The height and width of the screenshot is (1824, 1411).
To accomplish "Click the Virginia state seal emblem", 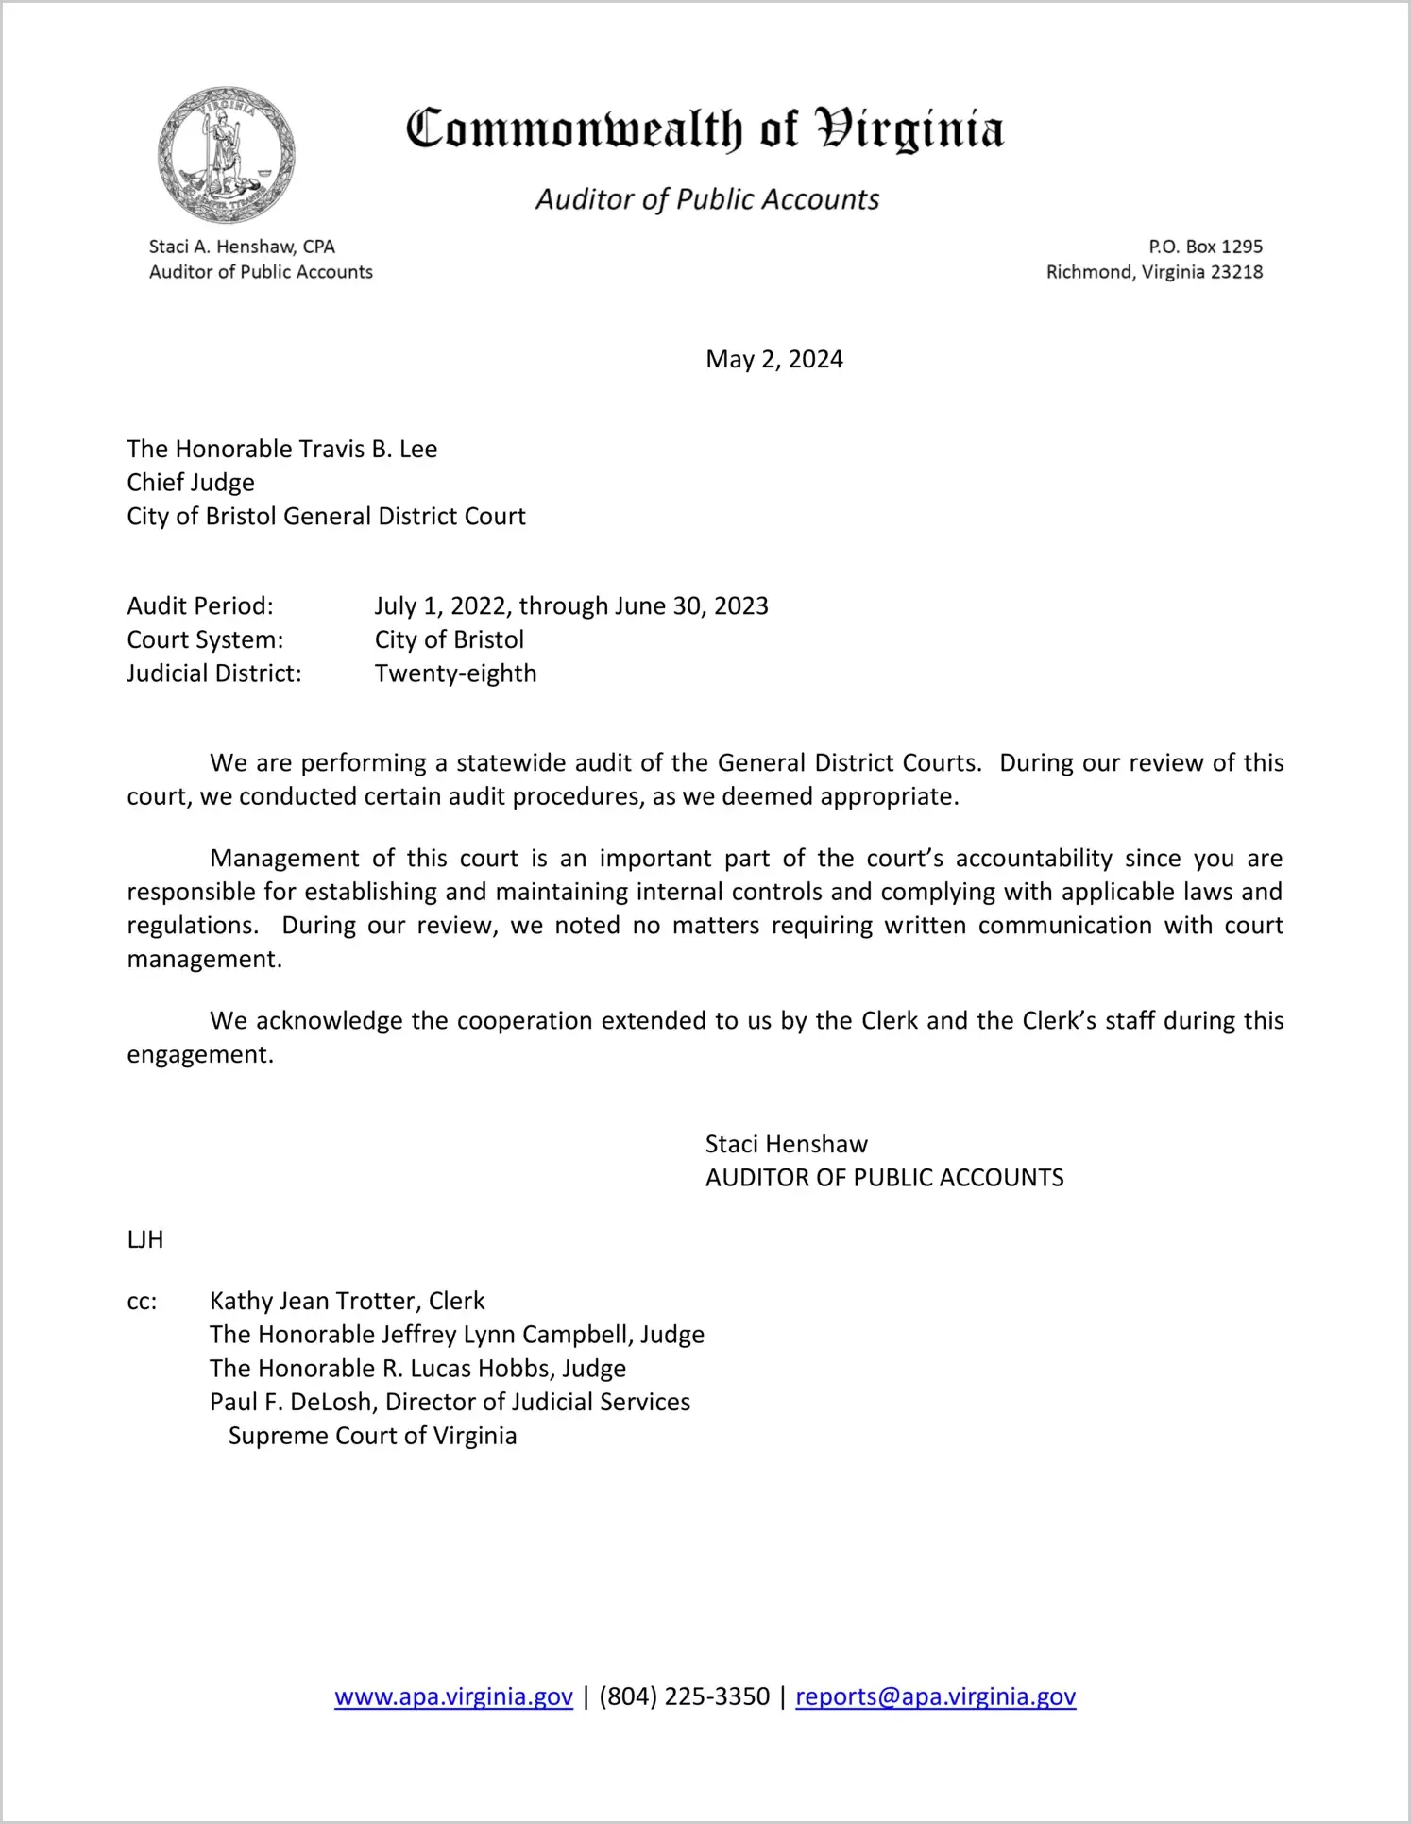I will pos(226,155).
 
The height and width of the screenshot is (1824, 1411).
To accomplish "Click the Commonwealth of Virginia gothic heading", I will pos(705,129).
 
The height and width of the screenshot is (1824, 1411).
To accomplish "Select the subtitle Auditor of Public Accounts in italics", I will pos(707,199).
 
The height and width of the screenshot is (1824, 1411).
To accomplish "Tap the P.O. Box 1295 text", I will pos(1205,247).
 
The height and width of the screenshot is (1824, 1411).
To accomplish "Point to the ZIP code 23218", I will pos(1236,272).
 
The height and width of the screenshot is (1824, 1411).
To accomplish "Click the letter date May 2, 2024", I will pos(773,359).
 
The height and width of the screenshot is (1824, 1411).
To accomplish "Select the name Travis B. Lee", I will pos(367,449).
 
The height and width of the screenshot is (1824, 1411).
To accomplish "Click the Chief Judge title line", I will pos(191,483).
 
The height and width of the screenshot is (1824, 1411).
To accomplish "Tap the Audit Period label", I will pos(200,605).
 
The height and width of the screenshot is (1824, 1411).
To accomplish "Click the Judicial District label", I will pos(214,673).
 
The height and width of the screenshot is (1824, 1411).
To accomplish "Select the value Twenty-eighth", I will pos(455,673).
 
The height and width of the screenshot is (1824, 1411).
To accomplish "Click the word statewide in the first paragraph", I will pos(511,763).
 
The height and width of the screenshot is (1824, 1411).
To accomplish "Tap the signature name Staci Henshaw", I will pos(786,1145).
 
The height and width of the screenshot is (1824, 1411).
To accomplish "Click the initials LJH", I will pos(145,1240).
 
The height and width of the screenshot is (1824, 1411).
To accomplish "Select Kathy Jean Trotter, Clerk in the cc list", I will pos(347,1302).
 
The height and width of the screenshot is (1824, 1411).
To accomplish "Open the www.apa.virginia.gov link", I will pos(453,1696).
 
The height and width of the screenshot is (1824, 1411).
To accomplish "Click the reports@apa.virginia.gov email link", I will pos(935,1696).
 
